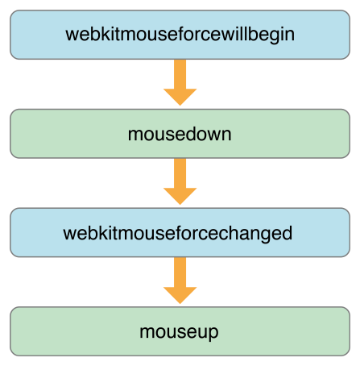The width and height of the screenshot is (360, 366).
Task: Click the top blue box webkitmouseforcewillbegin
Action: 180,35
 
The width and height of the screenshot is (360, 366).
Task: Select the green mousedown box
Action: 180,134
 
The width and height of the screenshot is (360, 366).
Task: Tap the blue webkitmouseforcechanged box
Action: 180,233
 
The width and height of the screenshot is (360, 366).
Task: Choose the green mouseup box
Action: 180,331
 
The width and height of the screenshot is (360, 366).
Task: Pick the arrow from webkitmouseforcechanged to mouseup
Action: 180,280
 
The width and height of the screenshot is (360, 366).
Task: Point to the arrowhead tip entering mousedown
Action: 180,104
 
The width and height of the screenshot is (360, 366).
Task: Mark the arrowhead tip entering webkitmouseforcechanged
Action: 180,204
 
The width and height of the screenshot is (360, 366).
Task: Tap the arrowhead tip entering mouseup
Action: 180,303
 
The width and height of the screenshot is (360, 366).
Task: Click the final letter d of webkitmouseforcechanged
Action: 286,233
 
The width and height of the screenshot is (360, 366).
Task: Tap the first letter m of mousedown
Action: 134,135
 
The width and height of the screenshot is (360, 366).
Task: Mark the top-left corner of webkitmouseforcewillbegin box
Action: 11,11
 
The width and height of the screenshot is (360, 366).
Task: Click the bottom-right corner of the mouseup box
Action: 349,355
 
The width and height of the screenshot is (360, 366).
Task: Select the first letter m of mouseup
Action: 146,332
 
